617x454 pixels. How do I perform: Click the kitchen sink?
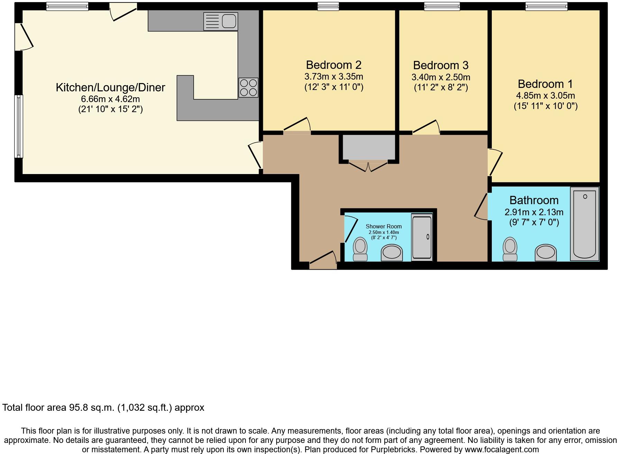click(x=221, y=21)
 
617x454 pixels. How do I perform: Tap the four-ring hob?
click(x=248, y=88)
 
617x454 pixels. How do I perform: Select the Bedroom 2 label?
click(x=333, y=65)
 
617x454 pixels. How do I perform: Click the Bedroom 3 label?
click(x=441, y=65)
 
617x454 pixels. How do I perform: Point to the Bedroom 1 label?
click(x=545, y=84)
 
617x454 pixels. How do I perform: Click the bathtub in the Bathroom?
click(x=584, y=224)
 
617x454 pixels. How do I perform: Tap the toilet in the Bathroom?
click(x=510, y=249)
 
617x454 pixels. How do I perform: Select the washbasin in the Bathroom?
click(x=546, y=253)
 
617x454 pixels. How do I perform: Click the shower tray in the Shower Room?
click(x=422, y=237)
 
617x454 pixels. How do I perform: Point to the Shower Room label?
click(x=384, y=226)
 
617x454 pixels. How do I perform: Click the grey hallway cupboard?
click(x=369, y=147)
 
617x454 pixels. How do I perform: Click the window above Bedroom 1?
click(x=546, y=6)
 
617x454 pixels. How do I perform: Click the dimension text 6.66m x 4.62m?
click(x=110, y=99)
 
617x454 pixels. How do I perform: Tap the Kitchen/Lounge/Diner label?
click(x=110, y=87)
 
